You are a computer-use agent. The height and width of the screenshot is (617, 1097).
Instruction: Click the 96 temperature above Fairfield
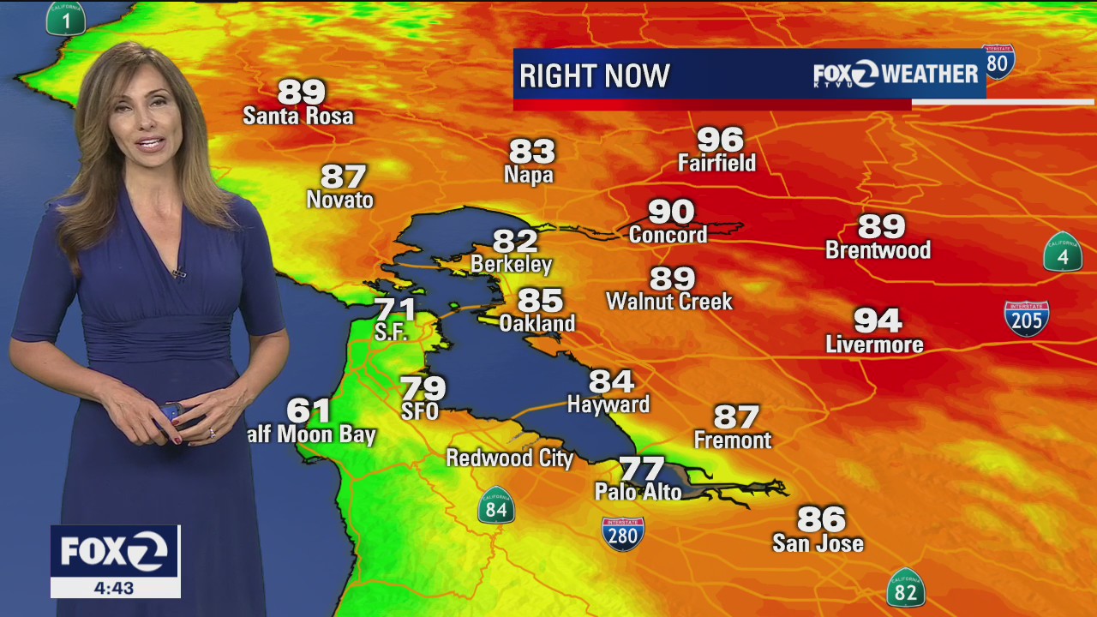click(x=720, y=139)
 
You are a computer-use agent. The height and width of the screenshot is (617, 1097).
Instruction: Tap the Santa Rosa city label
click(x=298, y=116)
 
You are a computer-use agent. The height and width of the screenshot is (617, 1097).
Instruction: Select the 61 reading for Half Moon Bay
click(x=309, y=410)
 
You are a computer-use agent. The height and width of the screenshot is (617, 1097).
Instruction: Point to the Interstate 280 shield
click(x=622, y=534)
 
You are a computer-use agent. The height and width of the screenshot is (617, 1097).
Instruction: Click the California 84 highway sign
click(x=495, y=506)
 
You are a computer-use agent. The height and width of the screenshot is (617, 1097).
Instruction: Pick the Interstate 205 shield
click(x=1026, y=318)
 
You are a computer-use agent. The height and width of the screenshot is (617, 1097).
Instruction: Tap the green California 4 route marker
click(x=1062, y=253)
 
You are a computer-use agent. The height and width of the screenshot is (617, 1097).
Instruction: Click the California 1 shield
click(x=65, y=17)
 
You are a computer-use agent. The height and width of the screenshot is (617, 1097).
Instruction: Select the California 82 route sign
click(x=905, y=588)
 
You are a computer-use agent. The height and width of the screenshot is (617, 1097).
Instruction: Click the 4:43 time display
click(x=115, y=588)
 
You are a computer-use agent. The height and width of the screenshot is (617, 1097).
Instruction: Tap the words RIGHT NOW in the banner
click(x=594, y=76)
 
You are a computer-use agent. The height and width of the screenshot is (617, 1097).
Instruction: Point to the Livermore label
click(x=874, y=344)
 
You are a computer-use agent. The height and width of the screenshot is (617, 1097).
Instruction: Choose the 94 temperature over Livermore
click(x=878, y=320)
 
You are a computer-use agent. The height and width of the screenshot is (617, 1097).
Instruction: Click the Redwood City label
click(x=509, y=458)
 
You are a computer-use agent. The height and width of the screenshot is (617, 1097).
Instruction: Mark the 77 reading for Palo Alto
click(x=641, y=469)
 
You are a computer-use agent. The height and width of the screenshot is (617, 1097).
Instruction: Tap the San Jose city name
click(x=818, y=543)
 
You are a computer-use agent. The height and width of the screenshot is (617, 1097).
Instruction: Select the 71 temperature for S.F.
click(x=394, y=309)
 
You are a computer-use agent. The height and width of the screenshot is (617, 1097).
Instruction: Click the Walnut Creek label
click(x=669, y=302)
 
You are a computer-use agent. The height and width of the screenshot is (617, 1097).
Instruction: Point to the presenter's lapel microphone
click(x=178, y=273)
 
